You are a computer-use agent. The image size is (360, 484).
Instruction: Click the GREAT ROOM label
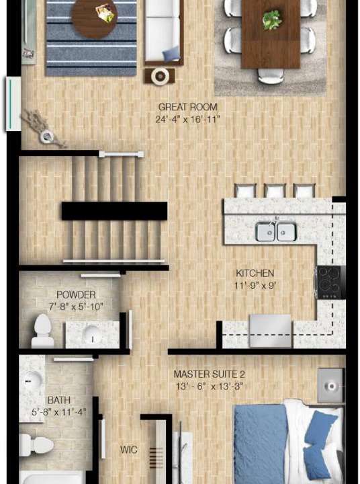point(187,107)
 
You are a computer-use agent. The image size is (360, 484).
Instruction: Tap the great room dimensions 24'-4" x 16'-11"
point(187,119)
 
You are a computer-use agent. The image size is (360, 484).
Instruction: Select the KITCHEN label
point(255,273)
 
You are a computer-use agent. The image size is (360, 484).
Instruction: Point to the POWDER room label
point(76,294)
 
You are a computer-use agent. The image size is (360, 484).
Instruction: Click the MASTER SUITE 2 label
point(210,374)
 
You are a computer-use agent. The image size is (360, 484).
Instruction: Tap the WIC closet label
point(129,450)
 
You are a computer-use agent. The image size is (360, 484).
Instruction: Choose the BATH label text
point(59,401)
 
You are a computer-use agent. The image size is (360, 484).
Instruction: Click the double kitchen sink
point(275,231)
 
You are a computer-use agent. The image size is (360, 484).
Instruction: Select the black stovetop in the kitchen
point(330,282)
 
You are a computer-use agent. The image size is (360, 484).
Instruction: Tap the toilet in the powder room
point(42,331)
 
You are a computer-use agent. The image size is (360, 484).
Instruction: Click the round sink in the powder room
point(92,335)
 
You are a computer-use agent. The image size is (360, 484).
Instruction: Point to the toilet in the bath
point(36,445)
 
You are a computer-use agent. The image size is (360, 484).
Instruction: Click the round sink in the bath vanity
point(33,381)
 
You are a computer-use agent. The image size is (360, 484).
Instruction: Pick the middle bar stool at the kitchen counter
point(275,191)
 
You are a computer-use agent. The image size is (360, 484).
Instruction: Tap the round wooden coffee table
point(95,19)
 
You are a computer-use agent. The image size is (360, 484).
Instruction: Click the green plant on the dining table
point(272,19)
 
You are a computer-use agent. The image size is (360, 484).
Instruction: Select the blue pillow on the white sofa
point(171,54)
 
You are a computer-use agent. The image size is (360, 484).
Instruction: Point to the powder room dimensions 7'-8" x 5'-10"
point(76,307)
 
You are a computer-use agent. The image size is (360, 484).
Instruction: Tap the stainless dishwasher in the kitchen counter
point(271,331)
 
